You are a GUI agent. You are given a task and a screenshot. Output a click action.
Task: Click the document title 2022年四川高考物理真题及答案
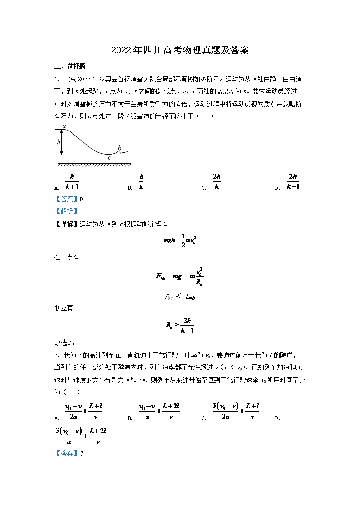[x=180, y=50]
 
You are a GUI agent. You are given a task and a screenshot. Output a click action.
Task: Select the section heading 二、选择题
[x=70, y=67]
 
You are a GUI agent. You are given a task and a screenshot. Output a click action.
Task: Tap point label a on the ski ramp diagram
[x=64, y=126]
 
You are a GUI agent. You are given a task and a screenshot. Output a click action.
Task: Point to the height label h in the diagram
[x=58, y=142]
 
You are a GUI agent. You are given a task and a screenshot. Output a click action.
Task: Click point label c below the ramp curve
[x=109, y=158]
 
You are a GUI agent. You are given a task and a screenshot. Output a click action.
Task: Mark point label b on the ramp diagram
[x=119, y=148]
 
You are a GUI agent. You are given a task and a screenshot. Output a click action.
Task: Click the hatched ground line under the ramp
[x=94, y=164]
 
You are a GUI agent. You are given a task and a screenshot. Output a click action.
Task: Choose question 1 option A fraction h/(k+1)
[x=72, y=181]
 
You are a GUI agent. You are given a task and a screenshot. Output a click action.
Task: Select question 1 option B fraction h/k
[x=141, y=181]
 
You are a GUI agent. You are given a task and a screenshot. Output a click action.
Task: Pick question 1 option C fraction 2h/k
[x=217, y=181]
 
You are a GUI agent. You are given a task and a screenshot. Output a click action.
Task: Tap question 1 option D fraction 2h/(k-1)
[x=293, y=181]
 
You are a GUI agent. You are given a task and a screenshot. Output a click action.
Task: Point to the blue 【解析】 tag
[x=66, y=211]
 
